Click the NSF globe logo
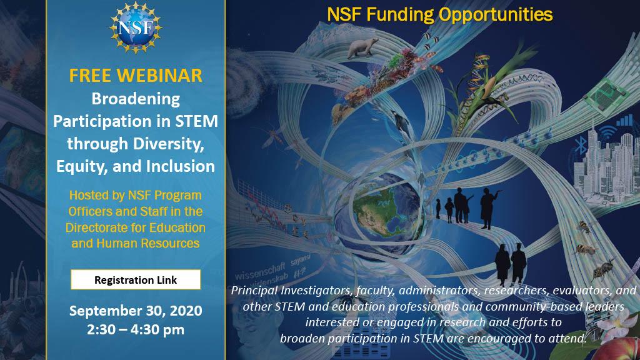point(136,27)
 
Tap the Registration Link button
point(136,279)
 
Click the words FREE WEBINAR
point(136,76)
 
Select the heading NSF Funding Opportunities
point(439,15)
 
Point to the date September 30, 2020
point(136,311)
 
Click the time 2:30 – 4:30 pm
point(136,329)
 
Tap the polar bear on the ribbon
point(362,47)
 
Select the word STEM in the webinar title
point(196,121)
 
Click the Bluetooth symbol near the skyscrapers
point(581,146)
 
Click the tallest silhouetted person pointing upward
point(487,208)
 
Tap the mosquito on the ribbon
point(272,137)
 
